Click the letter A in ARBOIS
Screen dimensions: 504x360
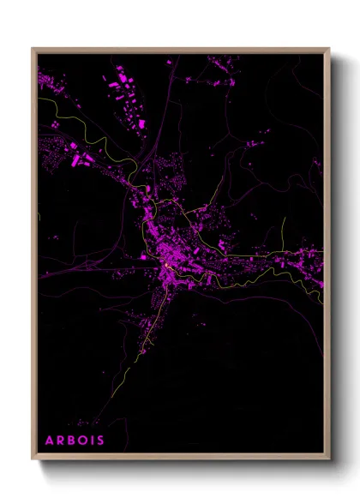(50, 441)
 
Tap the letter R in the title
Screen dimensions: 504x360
(61, 441)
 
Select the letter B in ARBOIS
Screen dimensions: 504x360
(72, 441)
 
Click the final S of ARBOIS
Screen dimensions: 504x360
(102, 441)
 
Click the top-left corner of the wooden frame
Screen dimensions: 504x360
(33, 49)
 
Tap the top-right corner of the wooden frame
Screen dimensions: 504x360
(329, 49)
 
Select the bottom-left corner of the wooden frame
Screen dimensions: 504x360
(33, 460)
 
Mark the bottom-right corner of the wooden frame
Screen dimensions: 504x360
(329, 460)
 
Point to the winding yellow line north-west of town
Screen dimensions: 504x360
(86, 137)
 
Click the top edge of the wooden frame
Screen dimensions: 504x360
(180, 50)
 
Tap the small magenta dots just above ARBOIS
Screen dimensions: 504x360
(83, 423)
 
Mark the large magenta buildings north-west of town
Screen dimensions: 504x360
(77, 159)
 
